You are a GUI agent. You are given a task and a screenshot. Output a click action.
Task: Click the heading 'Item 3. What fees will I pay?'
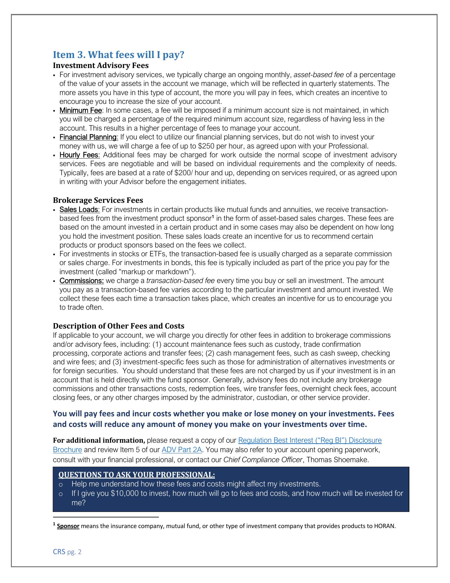[119, 55]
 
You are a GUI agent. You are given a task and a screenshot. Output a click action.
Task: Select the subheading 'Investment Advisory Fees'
[101, 66]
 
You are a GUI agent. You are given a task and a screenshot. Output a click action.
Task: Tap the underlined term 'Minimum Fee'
[80, 110]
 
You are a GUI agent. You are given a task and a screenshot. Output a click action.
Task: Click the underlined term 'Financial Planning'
[89, 137]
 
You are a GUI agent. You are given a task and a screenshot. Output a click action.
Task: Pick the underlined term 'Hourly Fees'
[79, 155]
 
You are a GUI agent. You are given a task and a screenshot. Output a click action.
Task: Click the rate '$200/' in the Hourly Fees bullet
[183, 173]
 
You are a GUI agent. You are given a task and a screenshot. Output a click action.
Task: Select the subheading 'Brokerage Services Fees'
[98, 200]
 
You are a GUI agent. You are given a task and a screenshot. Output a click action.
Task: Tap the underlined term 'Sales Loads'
[79, 210]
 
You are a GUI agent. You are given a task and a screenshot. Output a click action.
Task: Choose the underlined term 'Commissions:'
[82, 281]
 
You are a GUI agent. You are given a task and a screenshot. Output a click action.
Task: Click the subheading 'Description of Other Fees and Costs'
[119, 326]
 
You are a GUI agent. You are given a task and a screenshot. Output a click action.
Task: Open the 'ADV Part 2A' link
[182, 450]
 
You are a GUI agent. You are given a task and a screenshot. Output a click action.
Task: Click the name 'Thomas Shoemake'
[337, 460]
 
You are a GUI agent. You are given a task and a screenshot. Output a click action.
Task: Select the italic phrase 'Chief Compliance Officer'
[263, 460]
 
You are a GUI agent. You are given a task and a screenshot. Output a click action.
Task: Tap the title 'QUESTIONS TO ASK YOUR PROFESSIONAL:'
[136, 475]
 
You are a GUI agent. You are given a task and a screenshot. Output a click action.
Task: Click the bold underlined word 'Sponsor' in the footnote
[68, 526]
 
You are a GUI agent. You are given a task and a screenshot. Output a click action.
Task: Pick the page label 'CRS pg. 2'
[67, 552]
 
